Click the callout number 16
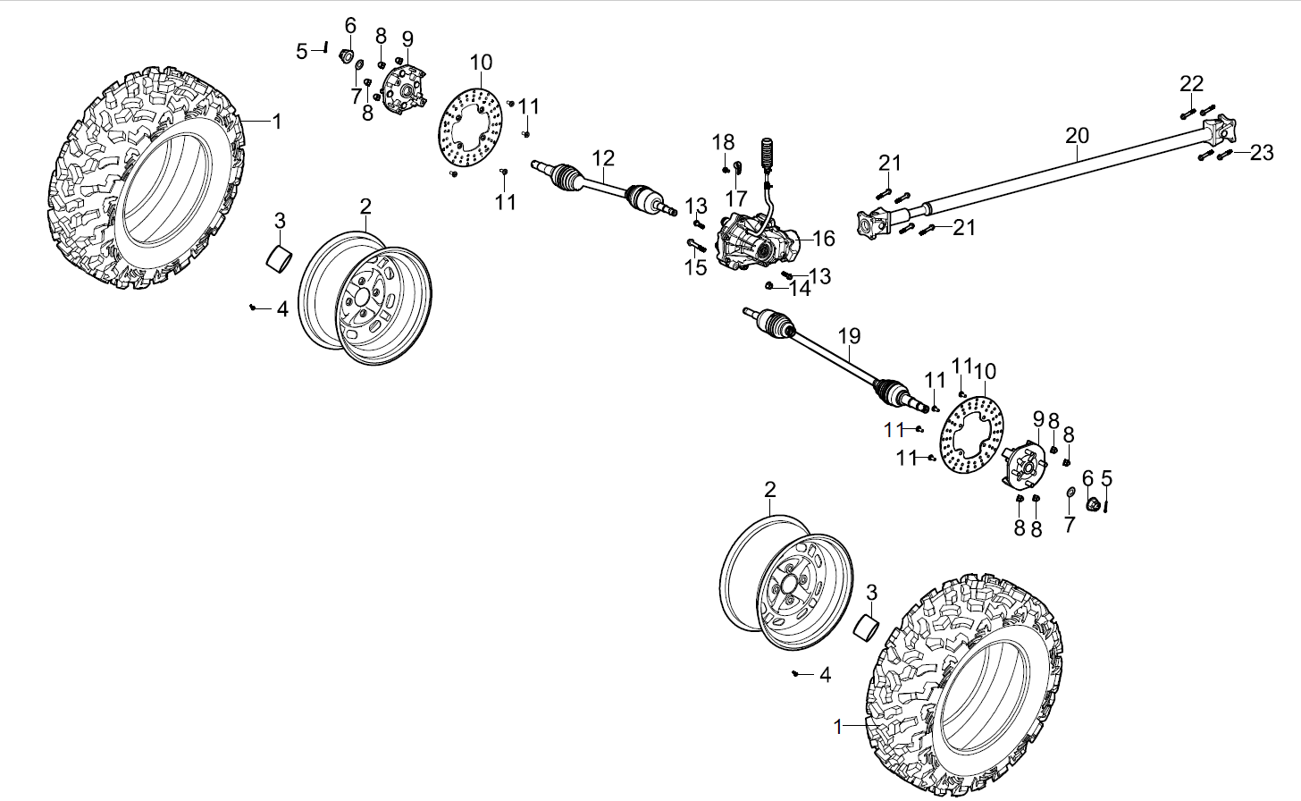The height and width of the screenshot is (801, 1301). [x=823, y=238]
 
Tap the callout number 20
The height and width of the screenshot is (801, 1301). [x=1078, y=136]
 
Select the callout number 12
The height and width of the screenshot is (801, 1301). [x=603, y=158]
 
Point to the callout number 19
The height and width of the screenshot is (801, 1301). [x=849, y=336]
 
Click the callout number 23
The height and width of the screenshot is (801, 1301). [x=1261, y=153]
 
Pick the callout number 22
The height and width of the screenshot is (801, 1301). [x=1191, y=84]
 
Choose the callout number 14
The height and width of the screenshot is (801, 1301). [x=799, y=288]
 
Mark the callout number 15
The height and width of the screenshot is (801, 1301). [x=695, y=266]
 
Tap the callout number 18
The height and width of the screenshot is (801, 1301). [x=723, y=141]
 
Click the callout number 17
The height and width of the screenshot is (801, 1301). [x=735, y=197]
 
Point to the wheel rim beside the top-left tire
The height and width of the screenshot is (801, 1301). [x=365, y=297]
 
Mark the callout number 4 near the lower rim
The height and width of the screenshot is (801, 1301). [x=825, y=675]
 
